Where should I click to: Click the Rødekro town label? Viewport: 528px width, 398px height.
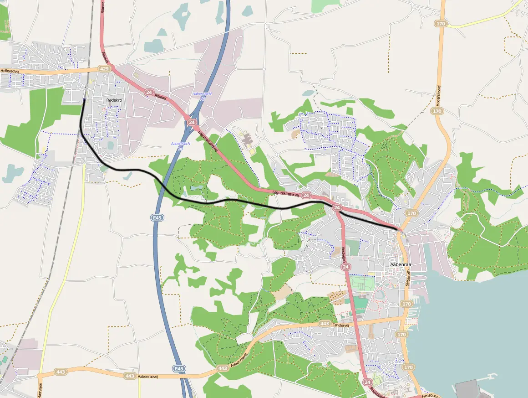[114, 100]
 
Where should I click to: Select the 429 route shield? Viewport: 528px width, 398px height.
[104, 69]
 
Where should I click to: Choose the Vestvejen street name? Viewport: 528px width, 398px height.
[343, 251]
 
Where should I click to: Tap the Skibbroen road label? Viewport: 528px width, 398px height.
[408, 279]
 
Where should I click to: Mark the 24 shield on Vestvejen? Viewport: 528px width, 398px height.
[345, 267]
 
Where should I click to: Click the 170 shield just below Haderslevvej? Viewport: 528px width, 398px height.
[437, 111]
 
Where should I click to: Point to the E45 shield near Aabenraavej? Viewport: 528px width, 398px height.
[179, 368]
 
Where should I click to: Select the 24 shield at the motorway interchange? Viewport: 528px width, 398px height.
[192, 123]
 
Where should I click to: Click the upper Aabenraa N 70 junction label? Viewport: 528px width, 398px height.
[202, 95]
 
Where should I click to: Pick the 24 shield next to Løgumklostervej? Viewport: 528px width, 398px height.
[306, 195]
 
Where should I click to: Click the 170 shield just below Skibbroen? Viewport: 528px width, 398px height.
[407, 304]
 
